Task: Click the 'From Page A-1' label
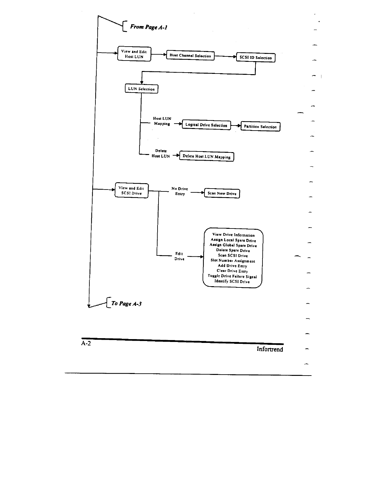(148, 27)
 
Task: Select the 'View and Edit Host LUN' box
(134, 54)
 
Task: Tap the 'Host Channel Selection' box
(190, 56)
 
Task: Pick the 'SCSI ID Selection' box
(255, 58)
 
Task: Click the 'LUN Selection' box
(141, 89)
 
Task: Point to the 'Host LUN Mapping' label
(162, 121)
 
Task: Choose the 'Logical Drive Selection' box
(206, 125)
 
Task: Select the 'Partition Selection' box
(260, 127)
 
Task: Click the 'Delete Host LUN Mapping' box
(207, 157)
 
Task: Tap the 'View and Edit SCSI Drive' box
(131, 190)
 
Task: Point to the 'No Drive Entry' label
(180, 191)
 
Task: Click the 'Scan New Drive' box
(222, 193)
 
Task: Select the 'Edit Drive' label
(179, 256)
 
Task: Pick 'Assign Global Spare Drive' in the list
(233, 245)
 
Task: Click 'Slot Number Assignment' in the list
(233, 261)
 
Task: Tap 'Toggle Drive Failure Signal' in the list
(232, 276)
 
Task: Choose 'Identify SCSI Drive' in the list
(232, 281)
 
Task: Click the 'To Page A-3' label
(126, 304)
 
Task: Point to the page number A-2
(86, 344)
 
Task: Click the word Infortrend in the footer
(270, 349)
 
